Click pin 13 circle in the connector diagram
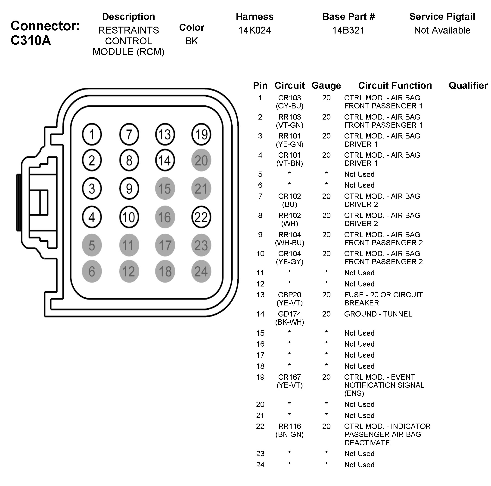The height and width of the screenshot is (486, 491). pyautogui.click(x=165, y=134)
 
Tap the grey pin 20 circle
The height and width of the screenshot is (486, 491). pyautogui.click(x=201, y=160)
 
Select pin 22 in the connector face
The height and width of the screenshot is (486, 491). pyautogui.click(x=201, y=217)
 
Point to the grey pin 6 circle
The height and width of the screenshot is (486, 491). pyautogui.click(x=92, y=271)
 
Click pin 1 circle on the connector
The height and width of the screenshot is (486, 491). pyautogui.click(x=92, y=134)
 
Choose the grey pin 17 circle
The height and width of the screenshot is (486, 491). pyautogui.click(x=165, y=245)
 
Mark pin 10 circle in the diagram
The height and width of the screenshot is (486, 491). pyautogui.click(x=129, y=217)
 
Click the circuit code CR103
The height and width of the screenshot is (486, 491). pyautogui.click(x=289, y=98)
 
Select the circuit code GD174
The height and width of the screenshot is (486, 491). pyautogui.click(x=289, y=314)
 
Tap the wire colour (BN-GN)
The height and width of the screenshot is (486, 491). pyautogui.click(x=289, y=434)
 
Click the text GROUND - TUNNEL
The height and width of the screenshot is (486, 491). pyautogui.click(x=378, y=314)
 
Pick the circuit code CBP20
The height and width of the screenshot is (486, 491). pyautogui.click(x=289, y=295)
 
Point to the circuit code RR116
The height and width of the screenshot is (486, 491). pyautogui.click(x=289, y=426)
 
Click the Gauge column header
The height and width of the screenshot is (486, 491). pyautogui.click(x=326, y=86)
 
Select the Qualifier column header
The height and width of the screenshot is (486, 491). pyautogui.click(x=468, y=86)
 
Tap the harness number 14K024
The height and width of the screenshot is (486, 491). pyautogui.click(x=254, y=30)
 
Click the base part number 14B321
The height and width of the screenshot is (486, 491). pyautogui.click(x=348, y=30)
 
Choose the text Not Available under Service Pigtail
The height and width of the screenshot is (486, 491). pyautogui.click(x=442, y=30)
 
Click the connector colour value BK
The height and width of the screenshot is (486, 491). pyautogui.click(x=191, y=41)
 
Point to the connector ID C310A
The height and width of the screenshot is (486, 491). pyautogui.click(x=31, y=40)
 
